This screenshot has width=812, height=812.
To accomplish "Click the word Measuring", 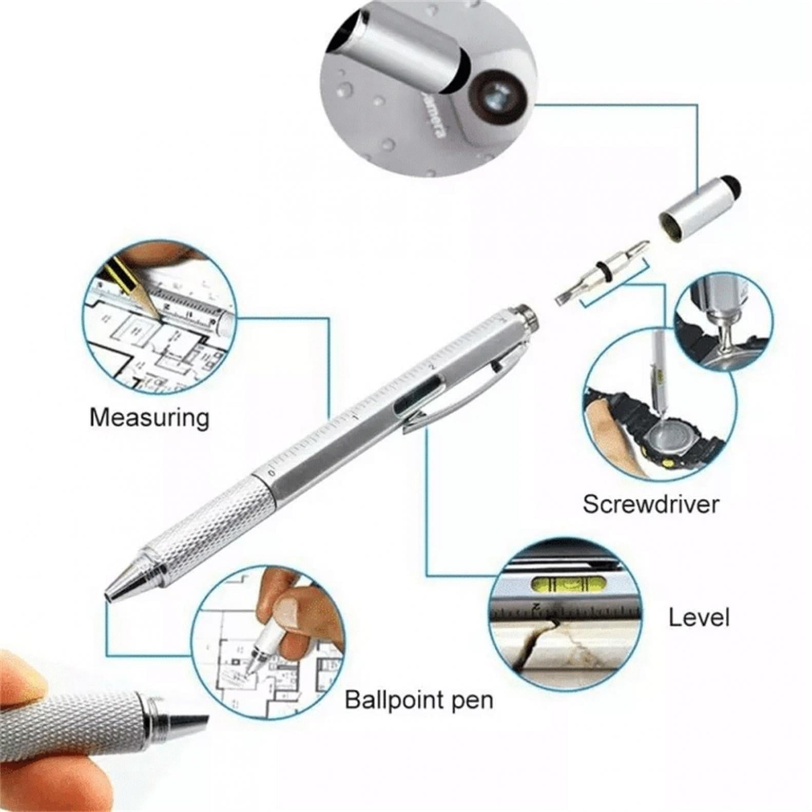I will (x=149, y=417).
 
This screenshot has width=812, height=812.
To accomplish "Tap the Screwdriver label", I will (x=650, y=504).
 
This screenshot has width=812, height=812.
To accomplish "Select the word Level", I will (x=699, y=617).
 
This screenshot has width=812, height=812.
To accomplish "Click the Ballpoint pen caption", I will (x=418, y=700).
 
